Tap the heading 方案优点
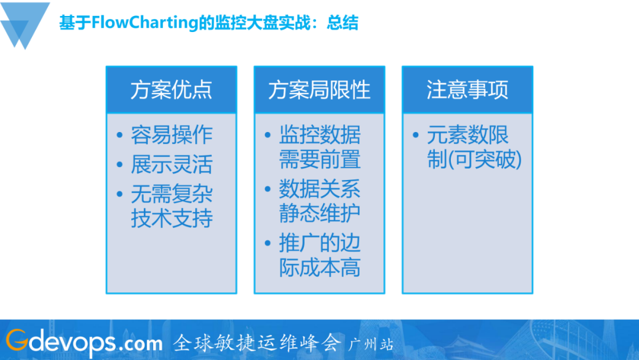tap(171, 90)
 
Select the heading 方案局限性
tap(319, 90)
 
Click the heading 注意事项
tap(467, 90)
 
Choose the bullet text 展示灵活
tap(172, 165)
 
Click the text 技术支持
tap(172, 218)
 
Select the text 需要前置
tap(319, 159)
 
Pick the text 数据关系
tap(319, 189)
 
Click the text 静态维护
tap(319, 213)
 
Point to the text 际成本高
tap(319, 268)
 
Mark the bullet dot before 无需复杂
tap(120, 195)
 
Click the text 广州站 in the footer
tap(372, 344)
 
